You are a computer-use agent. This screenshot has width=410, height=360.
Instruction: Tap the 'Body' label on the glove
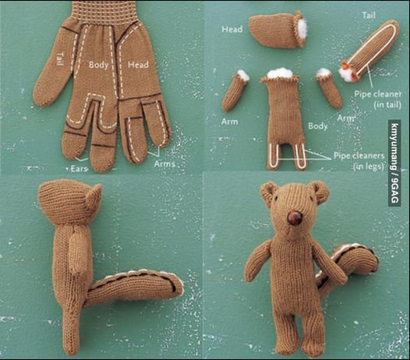pos(98,65)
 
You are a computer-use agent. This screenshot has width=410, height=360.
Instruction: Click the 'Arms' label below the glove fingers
pos(164,164)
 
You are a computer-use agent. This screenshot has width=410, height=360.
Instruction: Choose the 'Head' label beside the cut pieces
pos(232,30)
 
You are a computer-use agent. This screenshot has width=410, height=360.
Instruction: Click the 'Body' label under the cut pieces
pos(318,125)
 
